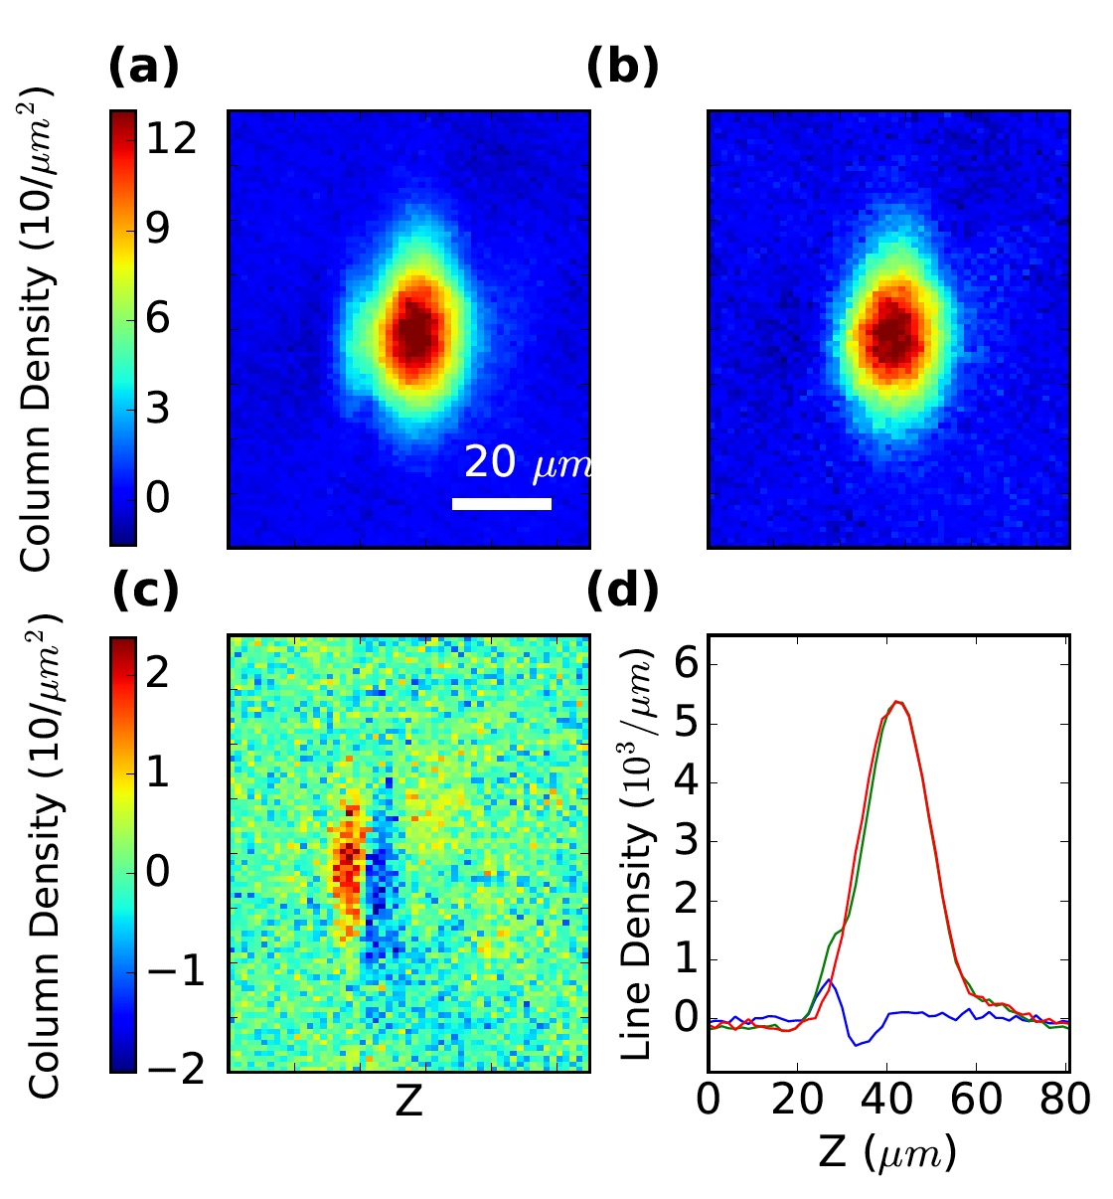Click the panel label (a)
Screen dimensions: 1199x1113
point(143,69)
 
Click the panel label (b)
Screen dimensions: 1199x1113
point(622,69)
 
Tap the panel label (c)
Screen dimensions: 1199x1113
point(145,591)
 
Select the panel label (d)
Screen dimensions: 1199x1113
point(622,591)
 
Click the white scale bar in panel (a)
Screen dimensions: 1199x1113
point(501,504)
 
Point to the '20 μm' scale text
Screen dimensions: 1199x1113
point(527,463)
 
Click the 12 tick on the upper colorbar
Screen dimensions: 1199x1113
point(171,139)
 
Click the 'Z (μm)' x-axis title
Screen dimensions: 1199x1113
point(887,1153)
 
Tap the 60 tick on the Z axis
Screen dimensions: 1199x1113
point(977,1101)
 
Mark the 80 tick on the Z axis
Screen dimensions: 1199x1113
point(1065,1101)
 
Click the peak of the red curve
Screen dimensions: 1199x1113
point(897,702)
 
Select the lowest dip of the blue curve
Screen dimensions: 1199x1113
point(856,1045)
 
